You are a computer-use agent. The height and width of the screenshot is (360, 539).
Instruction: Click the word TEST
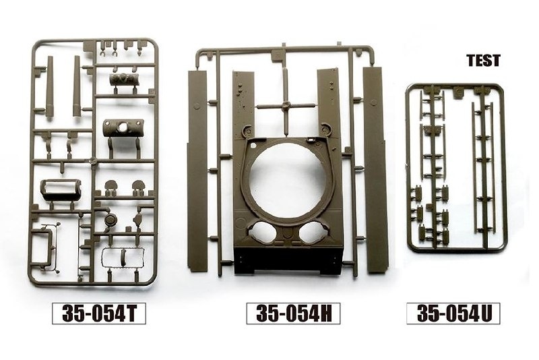click(x=483, y=61)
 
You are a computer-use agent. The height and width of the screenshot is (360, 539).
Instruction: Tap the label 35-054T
click(x=99, y=313)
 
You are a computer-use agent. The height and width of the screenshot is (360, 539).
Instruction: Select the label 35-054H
click(x=293, y=313)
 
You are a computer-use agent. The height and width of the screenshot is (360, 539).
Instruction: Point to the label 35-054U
click(x=453, y=313)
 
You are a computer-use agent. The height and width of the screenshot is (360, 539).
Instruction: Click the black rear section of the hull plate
click(x=288, y=261)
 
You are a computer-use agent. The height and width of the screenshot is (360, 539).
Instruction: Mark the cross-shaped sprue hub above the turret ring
click(x=284, y=106)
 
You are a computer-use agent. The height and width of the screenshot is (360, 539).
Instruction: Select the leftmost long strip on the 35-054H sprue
click(x=197, y=169)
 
